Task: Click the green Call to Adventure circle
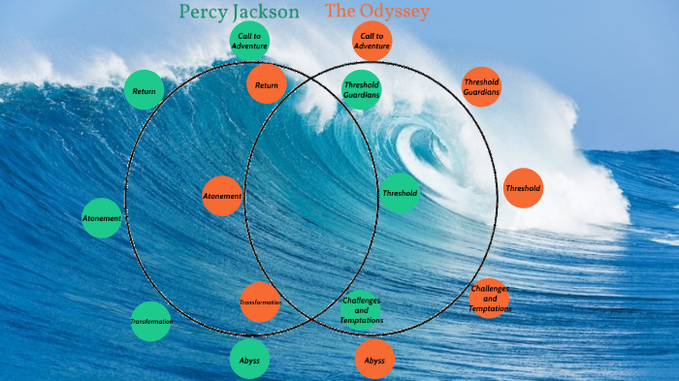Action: coord(249,41)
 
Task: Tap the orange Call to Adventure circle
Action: coord(372,41)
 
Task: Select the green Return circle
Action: coord(145,91)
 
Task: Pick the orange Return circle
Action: coord(267,85)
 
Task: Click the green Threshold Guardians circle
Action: coord(362,90)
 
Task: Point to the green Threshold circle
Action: coord(400,193)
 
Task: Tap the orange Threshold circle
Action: coord(524,188)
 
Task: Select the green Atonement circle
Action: coord(102,218)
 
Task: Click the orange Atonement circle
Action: coord(222,196)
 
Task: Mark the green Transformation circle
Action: coord(151,321)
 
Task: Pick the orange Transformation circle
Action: coord(260,302)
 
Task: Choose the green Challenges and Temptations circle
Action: coord(362,309)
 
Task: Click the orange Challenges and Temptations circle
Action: coord(489,299)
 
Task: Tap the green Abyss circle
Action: coord(249,360)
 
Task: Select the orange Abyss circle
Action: coord(374,360)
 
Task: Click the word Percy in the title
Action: coord(205,13)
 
